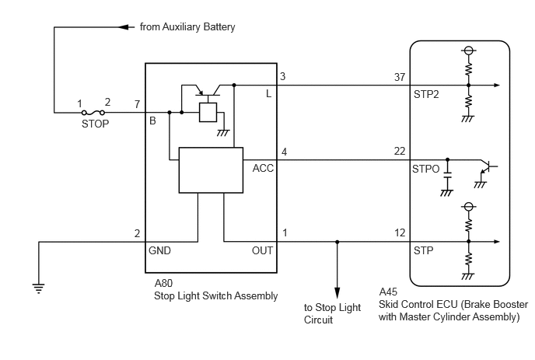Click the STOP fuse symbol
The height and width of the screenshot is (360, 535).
coord(93,113)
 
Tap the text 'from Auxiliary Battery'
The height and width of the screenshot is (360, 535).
coord(187,27)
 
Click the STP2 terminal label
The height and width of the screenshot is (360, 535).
coord(426,94)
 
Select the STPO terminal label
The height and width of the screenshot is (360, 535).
coord(426,169)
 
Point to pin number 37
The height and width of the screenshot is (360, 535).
coord(400,77)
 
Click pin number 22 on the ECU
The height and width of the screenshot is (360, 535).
coord(400,151)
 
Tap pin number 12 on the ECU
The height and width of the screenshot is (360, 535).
coord(400,233)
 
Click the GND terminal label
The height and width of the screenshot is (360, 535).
coord(159,251)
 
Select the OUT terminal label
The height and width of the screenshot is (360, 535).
coord(262,251)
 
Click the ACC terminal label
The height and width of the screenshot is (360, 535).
coord(263,168)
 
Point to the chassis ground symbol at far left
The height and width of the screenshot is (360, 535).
coord(39,288)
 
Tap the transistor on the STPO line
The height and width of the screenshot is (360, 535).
coord(487,167)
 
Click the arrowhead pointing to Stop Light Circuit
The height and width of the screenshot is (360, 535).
coord(337,293)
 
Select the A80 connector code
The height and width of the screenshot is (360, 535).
coord(163,283)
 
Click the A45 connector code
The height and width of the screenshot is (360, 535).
coord(388,292)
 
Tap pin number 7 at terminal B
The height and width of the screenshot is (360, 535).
coord(137,104)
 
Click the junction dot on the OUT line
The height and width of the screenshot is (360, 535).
coord(337,242)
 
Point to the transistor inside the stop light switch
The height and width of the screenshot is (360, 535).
coord(208,91)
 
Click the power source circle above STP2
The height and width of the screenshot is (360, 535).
coord(468,51)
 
